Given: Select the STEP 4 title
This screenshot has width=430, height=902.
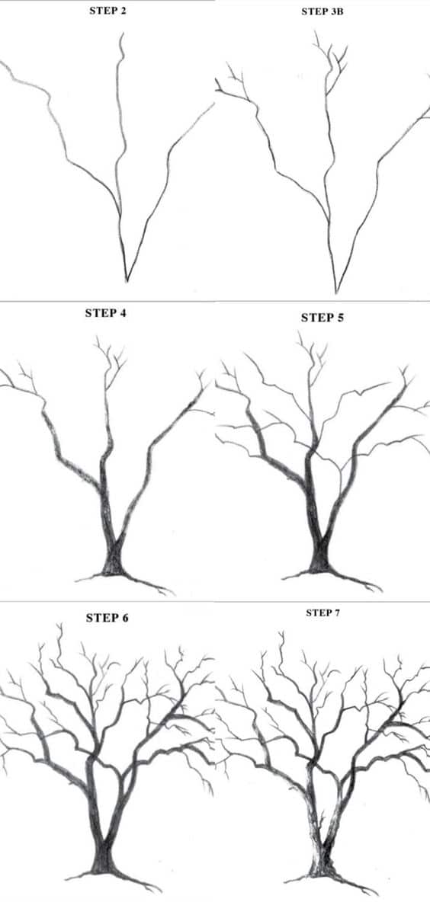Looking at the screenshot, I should click(106, 313).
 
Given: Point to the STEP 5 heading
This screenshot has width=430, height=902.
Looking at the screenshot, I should click(322, 318).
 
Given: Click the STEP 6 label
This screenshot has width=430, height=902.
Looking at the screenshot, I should click(107, 617).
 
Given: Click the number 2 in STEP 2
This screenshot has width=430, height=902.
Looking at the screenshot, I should click(124, 14).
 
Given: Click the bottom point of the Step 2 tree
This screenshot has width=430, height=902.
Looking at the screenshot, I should click(127, 280).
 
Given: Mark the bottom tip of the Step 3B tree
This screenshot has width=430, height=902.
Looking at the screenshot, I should click(336, 293).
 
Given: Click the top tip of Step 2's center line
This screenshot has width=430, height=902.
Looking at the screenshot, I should click(120, 34).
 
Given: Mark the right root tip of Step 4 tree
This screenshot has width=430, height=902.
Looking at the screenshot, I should click(172, 592).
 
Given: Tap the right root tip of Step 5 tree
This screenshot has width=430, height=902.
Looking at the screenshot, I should click(379, 589).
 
